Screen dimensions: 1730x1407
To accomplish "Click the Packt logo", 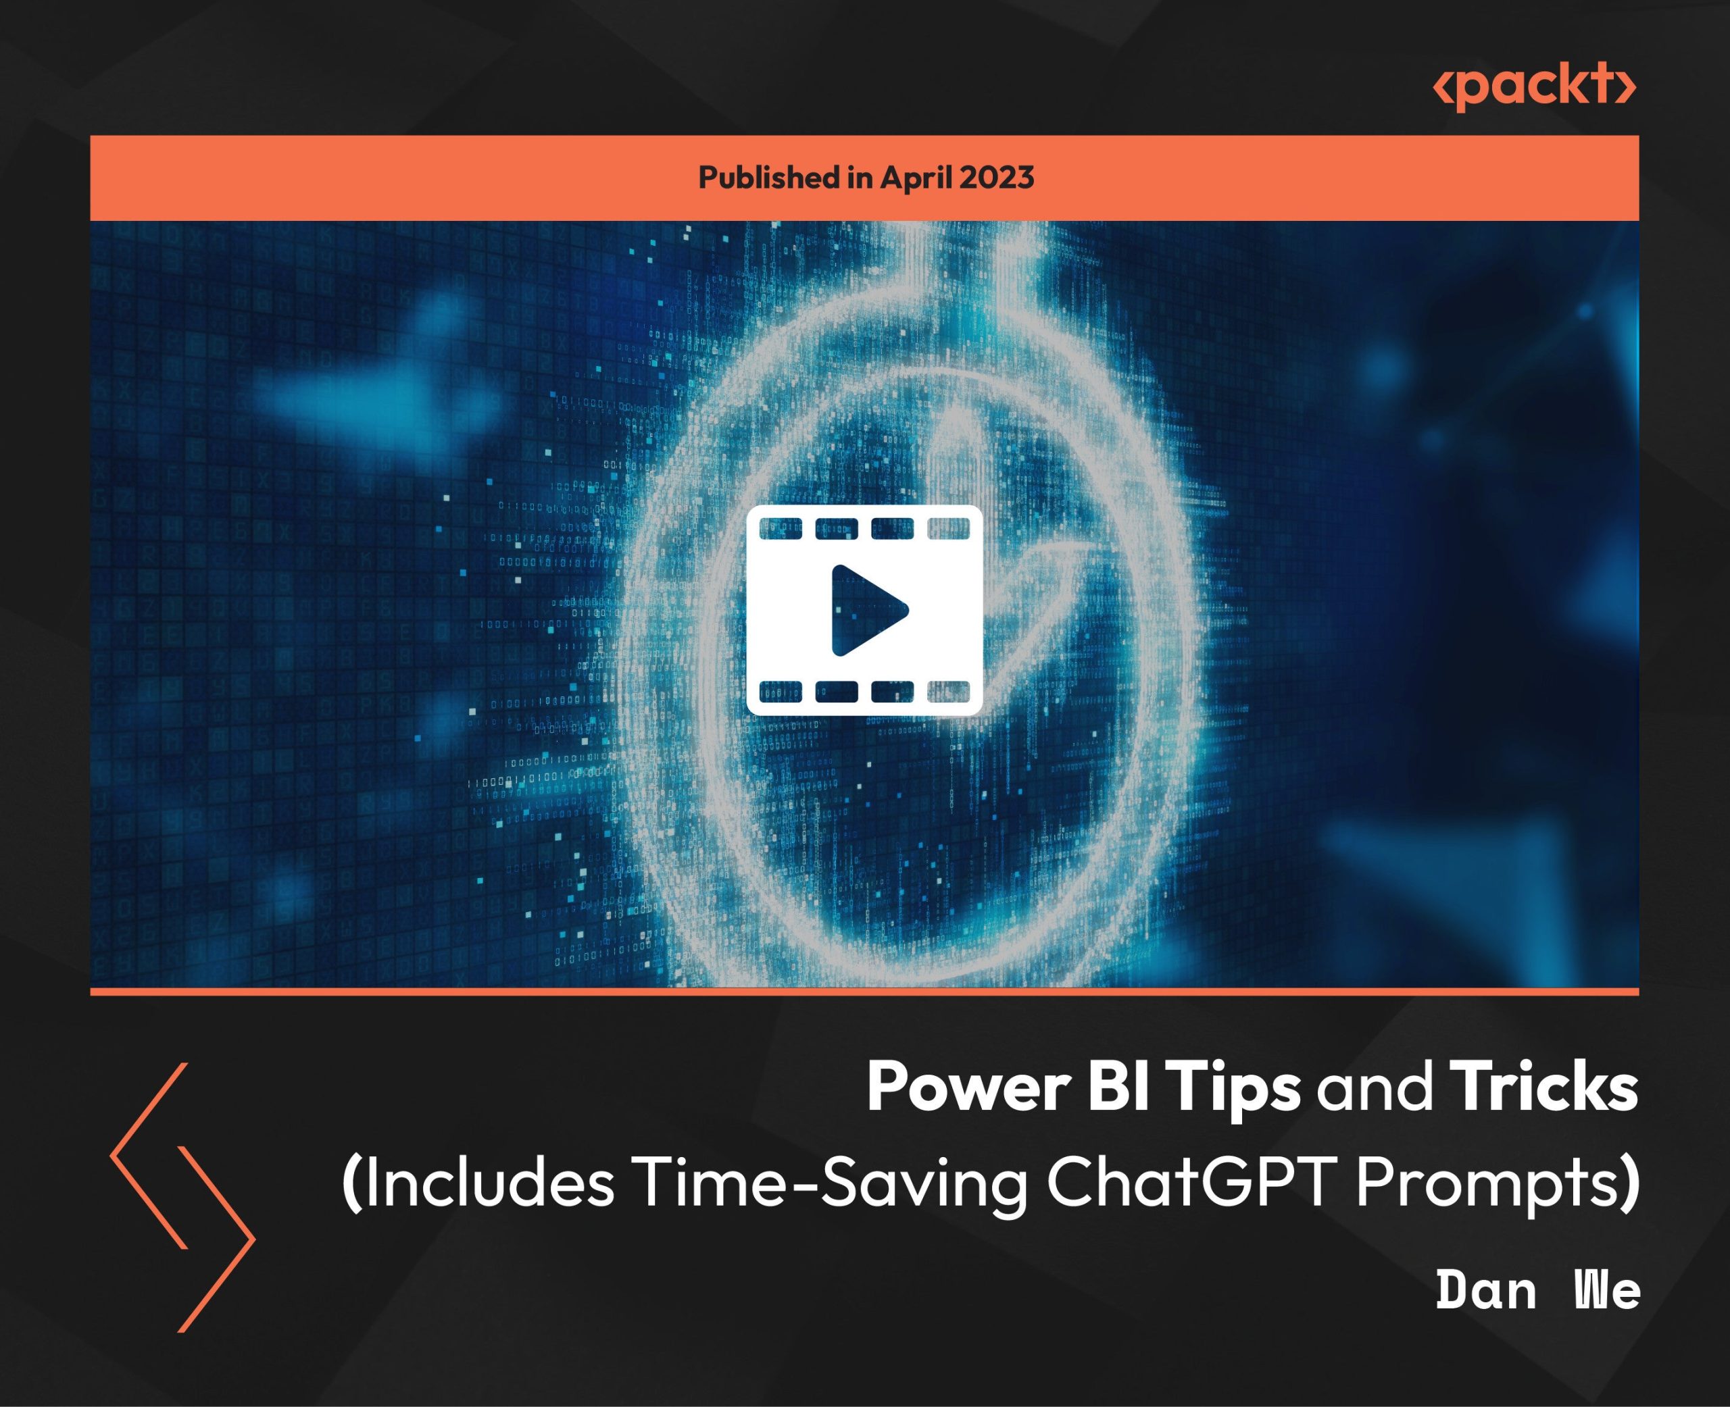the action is (x=1535, y=86).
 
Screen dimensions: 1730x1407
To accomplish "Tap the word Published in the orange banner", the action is (x=768, y=178).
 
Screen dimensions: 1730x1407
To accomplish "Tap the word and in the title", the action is (x=1375, y=1088).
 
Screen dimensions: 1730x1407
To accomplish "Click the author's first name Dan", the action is (x=1485, y=1290).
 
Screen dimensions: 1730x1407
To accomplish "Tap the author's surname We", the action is (x=1607, y=1290).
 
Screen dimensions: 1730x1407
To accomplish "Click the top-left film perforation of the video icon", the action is (x=780, y=528).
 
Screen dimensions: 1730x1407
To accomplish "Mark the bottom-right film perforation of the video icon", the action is (x=949, y=692).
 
